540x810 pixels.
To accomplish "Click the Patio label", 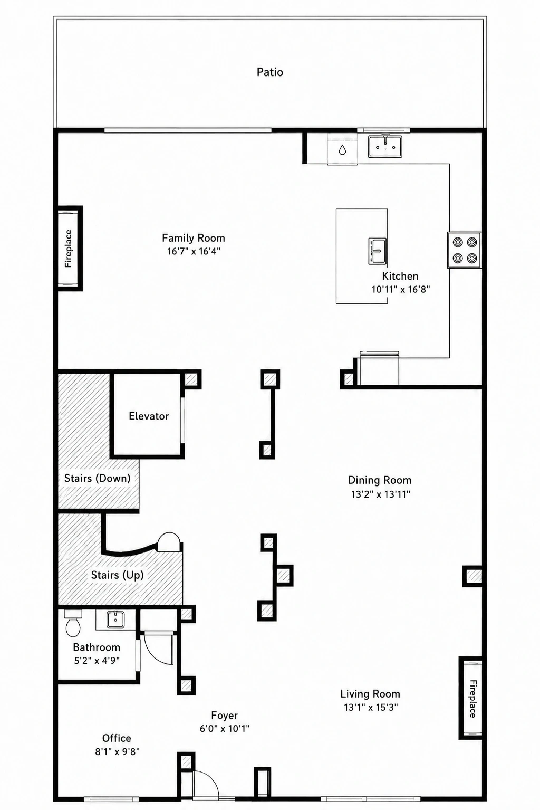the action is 269,72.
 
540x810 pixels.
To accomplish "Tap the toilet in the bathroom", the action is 73,623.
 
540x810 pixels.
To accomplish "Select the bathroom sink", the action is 115,620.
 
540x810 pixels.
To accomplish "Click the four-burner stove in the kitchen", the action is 465,250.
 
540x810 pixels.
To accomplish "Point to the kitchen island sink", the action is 378,251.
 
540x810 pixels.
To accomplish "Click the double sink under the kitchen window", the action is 385,147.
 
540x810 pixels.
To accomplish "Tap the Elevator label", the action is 149,416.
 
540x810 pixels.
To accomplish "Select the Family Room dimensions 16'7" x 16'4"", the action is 194,251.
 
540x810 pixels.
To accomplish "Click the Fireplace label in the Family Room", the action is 69,249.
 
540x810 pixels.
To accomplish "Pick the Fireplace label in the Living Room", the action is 473,699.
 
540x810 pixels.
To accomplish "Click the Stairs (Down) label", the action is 97,479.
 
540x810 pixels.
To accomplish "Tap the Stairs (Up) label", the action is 118,575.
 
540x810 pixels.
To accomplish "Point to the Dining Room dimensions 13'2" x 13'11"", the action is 381,494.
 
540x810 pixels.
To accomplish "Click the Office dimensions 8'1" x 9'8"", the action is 117,751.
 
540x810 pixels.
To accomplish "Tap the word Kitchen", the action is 400,276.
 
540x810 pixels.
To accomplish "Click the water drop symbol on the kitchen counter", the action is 342,150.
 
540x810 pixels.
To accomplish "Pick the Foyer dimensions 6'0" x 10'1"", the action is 225,728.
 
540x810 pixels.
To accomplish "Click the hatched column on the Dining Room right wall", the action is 473,576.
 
